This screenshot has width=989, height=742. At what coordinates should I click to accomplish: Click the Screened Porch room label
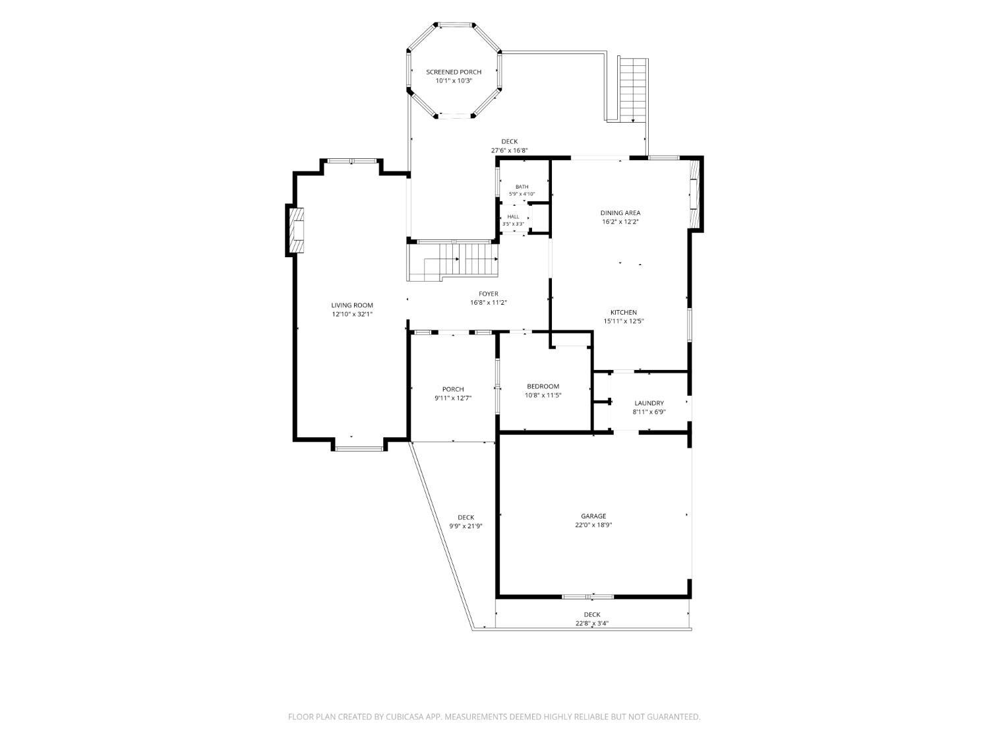pos(453,72)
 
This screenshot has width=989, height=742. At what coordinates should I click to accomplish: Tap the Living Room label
pos(352,305)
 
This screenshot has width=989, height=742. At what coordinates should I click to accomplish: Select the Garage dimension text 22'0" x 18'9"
pos(593,525)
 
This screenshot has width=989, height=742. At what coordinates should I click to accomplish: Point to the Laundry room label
pos(649,403)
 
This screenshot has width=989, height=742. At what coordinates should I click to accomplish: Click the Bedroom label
pos(543,386)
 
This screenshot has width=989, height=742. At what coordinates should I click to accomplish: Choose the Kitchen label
pos(623,313)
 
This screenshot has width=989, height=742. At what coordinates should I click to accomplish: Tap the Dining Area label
pos(620,213)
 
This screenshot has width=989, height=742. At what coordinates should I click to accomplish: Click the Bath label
pos(522,187)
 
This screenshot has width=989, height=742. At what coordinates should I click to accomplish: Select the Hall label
pos(513,217)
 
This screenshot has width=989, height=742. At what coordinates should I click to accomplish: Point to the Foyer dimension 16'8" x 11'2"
pos(489,303)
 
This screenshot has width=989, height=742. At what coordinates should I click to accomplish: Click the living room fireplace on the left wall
pos(295,230)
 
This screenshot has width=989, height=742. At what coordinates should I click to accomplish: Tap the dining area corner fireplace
pos(694,195)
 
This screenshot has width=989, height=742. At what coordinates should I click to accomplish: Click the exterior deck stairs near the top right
pos(633,90)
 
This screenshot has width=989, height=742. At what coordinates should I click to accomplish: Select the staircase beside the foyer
pos(453,263)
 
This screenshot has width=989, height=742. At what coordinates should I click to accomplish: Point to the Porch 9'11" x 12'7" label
pos(453,394)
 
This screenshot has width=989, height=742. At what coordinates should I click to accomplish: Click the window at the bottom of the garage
pos(587,597)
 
